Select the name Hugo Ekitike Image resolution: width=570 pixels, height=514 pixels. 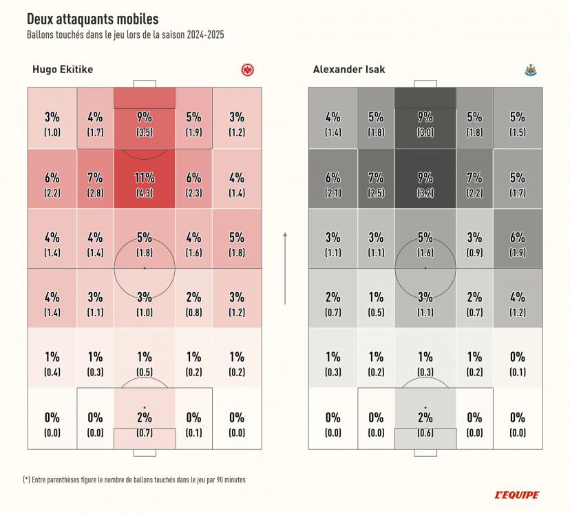point(63,70)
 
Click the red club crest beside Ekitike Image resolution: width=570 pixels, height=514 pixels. point(247,70)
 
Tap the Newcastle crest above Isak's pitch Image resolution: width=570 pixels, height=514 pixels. point(530,70)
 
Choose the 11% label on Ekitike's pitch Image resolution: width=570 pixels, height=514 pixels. point(144,178)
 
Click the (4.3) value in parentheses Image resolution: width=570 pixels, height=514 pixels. point(144,193)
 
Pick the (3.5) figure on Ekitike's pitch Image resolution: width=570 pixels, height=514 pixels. point(144,132)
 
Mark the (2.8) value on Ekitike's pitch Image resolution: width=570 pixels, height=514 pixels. point(95,193)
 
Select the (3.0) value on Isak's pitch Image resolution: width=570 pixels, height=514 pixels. point(425,132)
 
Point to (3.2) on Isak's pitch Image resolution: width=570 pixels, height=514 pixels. point(425,193)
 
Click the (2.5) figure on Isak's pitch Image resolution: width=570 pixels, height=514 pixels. point(376,193)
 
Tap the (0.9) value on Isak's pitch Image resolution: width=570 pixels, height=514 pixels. point(474,253)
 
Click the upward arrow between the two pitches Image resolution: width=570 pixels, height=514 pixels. point(285,269)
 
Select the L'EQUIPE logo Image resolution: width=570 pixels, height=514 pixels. point(517,495)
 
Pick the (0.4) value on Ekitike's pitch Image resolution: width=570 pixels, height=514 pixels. point(52,373)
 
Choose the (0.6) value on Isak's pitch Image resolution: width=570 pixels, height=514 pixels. point(425,433)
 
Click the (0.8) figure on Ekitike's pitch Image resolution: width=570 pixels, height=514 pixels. point(193,313)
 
